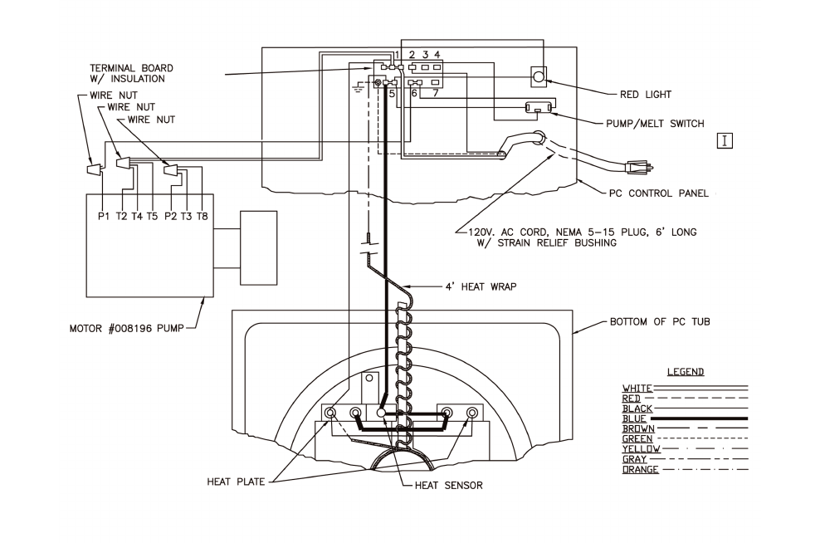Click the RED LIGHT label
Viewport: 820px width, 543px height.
click(646, 95)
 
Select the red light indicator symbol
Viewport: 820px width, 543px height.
click(539, 76)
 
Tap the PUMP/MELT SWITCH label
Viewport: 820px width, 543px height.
click(655, 124)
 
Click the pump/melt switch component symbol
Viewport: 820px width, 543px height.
click(539, 108)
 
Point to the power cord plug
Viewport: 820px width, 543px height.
click(638, 168)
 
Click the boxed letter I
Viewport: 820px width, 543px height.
click(725, 140)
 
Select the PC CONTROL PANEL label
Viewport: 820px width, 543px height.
click(659, 193)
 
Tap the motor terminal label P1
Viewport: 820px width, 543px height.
click(104, 216)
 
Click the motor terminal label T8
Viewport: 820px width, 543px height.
click(202, 216)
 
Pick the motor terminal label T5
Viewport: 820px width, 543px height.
click(152, 216)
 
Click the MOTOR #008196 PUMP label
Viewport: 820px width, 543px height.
click(126, 329)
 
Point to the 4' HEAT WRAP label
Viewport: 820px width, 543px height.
click(481, 286)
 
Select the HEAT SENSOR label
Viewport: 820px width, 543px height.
click(449, 486)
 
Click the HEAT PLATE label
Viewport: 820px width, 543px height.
click(236, 482)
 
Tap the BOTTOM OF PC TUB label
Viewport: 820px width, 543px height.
click(660, 321)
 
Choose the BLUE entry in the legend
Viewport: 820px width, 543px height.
click(634, 418)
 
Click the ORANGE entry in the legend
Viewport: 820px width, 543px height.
click(640, 469)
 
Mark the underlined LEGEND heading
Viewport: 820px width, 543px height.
click(686, 372)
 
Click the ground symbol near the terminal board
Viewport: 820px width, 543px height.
click(359, 87)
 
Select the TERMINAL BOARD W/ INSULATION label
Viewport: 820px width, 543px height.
click(131, 73)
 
